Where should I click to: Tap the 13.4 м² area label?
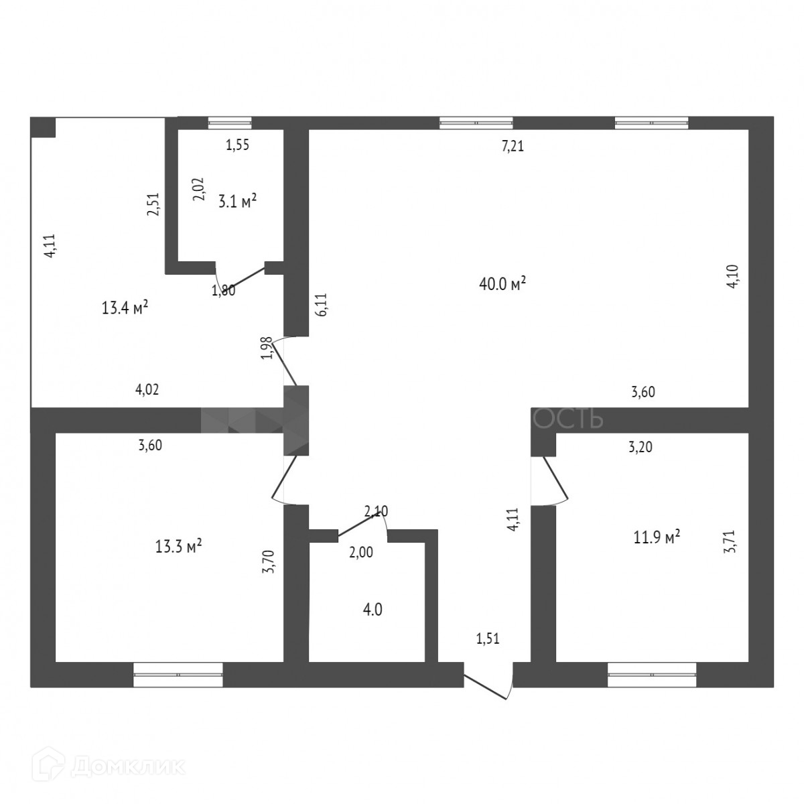(125, 308)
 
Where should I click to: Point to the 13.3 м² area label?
(179, 547)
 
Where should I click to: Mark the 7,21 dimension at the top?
(513, 147)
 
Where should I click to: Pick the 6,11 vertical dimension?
(321, 306)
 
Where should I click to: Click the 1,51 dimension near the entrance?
(487, 639)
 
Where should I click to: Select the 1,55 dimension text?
(237, 146)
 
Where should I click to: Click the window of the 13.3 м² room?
(178, 675)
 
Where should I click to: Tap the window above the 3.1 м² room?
(230, 123)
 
